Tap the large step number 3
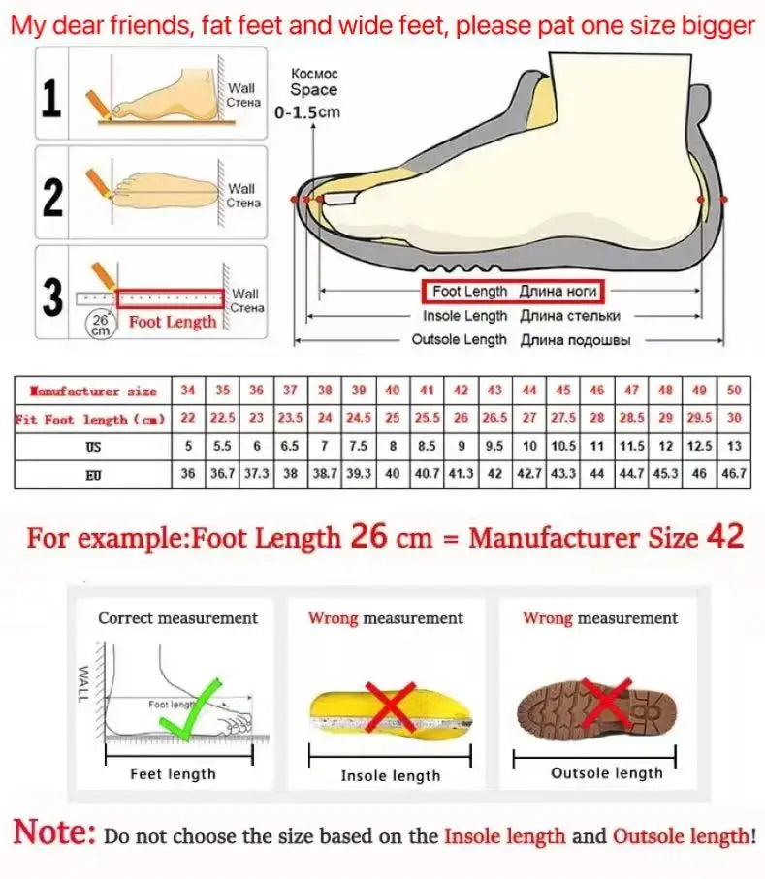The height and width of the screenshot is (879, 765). pos(52,298)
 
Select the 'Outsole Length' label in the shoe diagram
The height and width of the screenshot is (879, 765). pos(459,340)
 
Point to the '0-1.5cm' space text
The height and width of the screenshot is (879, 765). pos(308,112)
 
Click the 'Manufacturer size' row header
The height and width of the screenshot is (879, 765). pos(93,391)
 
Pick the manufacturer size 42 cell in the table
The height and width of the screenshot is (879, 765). pos(462,391)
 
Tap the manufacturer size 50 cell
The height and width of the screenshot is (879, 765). pos(733,391)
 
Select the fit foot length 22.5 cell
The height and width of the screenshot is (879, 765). pos(223,419)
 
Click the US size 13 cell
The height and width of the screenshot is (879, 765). pos(733,447)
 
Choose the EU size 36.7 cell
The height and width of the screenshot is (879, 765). pos(223,475)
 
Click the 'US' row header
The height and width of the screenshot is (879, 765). pos(93,447)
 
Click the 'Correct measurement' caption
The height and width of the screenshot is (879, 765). pos(177,618)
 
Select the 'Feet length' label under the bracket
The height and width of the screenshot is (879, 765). pos(173,773)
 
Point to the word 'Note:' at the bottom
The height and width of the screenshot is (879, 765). pos(55,832)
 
